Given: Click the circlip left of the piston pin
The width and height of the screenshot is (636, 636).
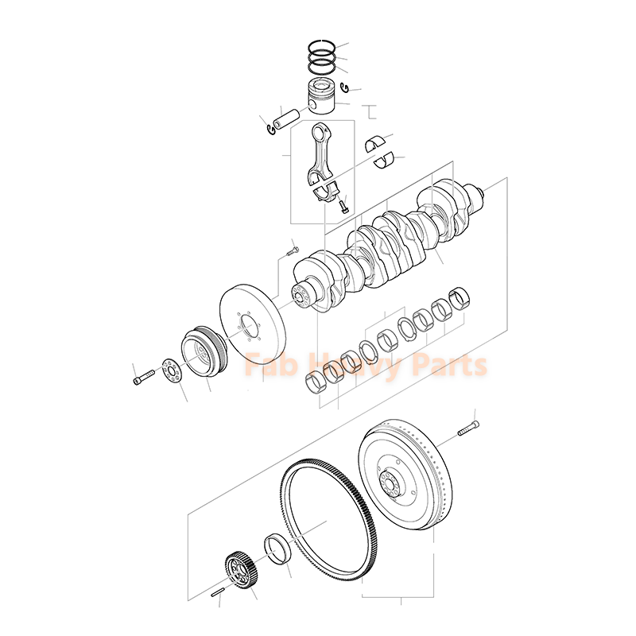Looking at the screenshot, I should click(x=267, y=125).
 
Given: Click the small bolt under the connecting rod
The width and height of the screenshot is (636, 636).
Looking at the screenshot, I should click(x=342, y=206).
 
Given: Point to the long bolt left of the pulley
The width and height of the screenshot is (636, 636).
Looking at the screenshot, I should click(x=142, y=377).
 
